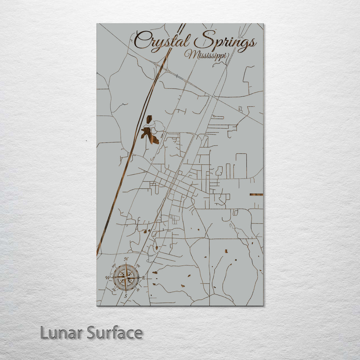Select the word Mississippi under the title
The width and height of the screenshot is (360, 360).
207,55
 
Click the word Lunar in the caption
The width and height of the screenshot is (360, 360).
61,333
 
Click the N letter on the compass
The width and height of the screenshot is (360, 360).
126,259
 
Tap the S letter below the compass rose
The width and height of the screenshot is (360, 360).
126,296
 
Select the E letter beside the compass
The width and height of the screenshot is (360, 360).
144,277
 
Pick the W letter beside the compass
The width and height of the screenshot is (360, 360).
107,277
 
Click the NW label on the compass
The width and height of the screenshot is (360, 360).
114,265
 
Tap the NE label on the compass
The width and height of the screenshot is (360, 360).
138,265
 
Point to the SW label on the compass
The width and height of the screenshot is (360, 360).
114,289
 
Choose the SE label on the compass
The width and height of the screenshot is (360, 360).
138,289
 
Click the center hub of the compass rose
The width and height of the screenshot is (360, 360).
126,277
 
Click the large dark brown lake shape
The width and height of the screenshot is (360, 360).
149,133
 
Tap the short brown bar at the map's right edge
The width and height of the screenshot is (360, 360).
256,194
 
